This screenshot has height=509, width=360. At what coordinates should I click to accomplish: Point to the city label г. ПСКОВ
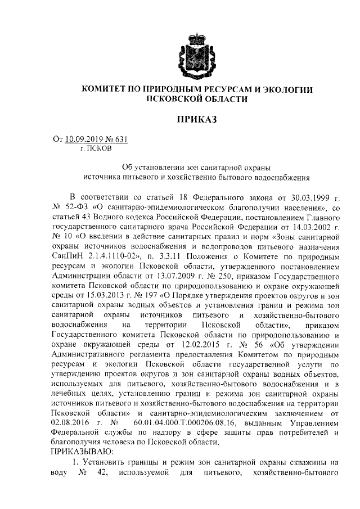click(x=96, y=149)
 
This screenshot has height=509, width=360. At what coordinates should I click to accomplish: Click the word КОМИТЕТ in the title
click(x=106, y=89)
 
